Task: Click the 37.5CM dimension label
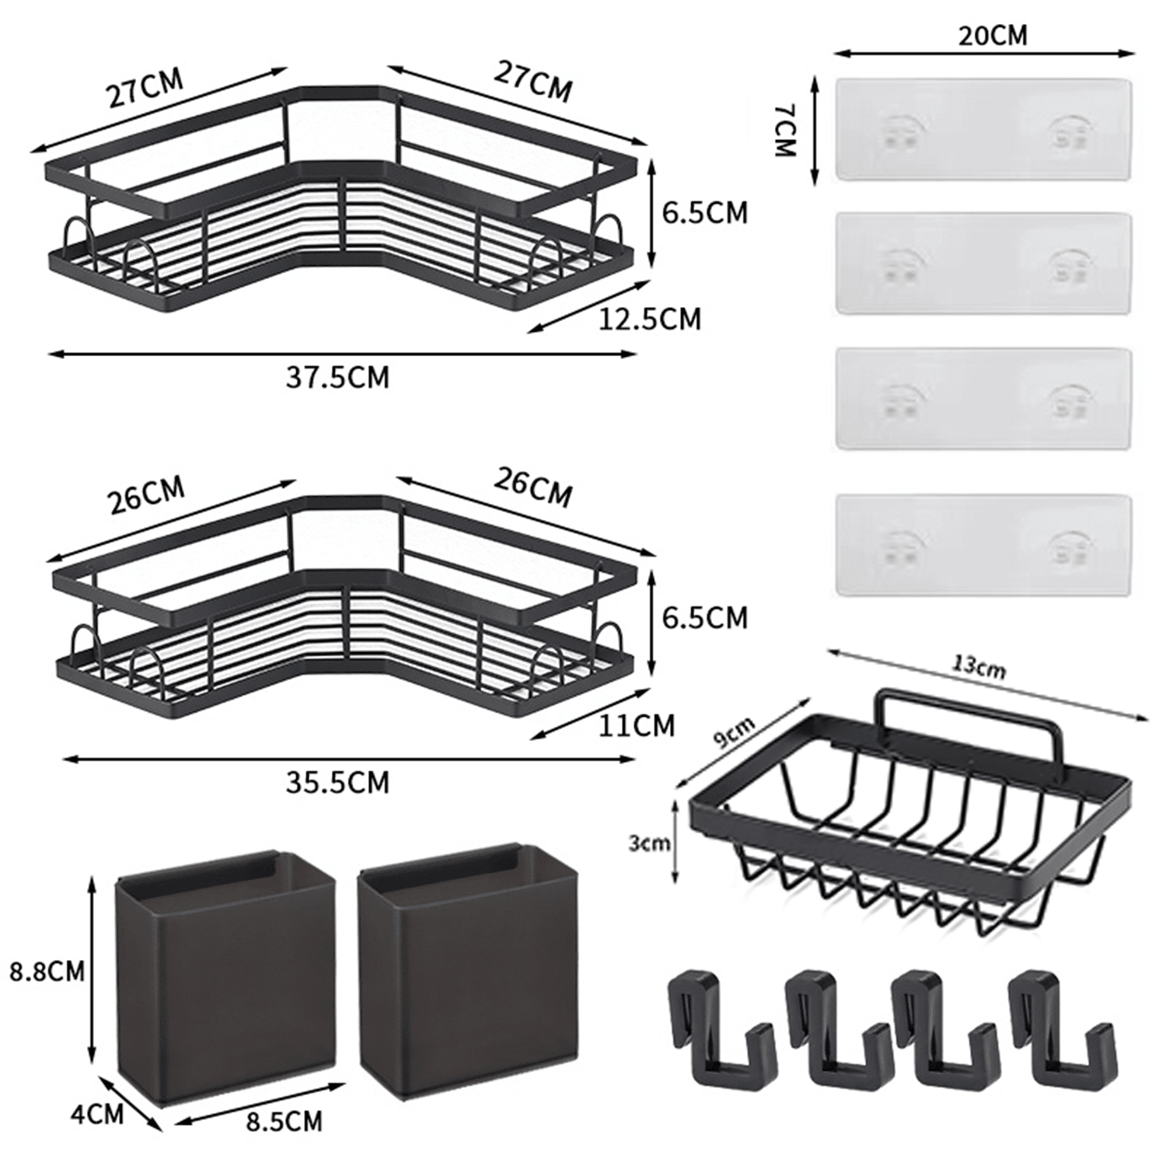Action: pos(337,378)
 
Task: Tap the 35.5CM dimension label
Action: pos(337,782)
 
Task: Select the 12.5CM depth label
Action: pos(650,319)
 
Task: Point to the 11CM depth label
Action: pos(637,725)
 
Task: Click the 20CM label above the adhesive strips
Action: pos(992,35)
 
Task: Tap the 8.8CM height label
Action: pos(47,972)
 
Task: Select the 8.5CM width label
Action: pos(284,1122)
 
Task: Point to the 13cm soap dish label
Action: pos(979,668)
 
